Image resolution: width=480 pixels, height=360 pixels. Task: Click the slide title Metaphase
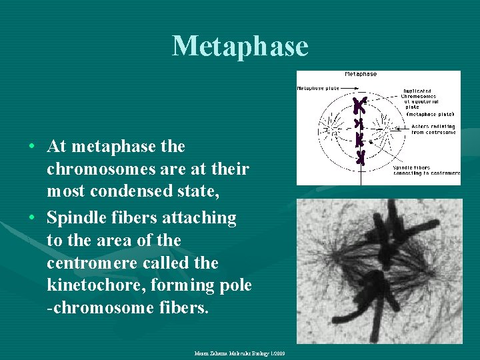point(240,46)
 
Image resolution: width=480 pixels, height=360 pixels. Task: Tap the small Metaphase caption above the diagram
point(361,74)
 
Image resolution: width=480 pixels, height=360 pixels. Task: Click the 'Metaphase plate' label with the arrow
point(318,88)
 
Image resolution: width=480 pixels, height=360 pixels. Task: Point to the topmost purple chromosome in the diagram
point(360,105)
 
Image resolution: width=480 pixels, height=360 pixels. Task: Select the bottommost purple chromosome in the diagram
point(361,157)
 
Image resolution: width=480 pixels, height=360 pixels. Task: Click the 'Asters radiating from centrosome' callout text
point(433,129)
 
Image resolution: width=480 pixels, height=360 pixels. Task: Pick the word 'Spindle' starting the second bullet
point(75,217)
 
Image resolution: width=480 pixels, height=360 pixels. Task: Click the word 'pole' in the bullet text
point(235,285)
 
